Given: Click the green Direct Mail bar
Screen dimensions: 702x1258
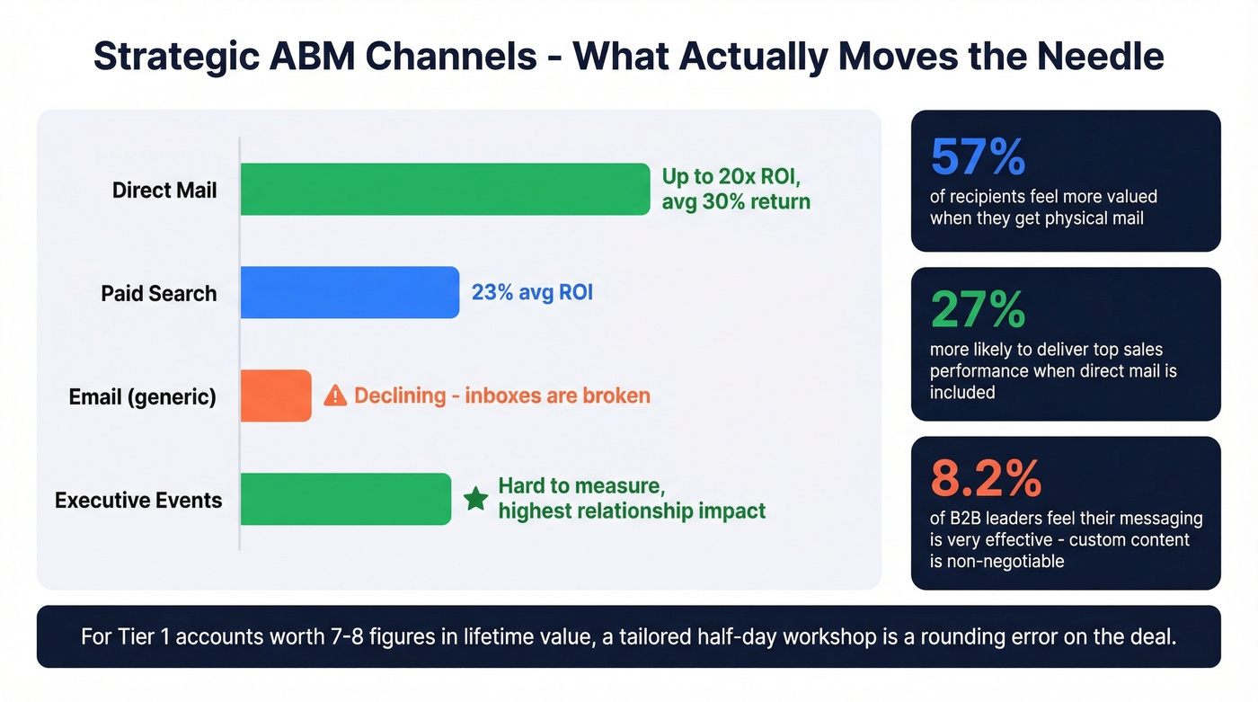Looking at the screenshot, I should (445, 190).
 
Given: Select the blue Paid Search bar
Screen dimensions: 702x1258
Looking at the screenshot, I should (350, 293).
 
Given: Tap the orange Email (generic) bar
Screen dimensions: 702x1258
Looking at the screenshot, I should (276, 395).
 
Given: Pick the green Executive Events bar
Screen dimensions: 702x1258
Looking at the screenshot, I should (346, 499).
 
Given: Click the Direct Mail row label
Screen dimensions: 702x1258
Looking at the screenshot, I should (164, 191).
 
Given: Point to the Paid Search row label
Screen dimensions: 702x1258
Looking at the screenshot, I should (159, 294).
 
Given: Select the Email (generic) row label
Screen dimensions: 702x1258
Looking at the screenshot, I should (143, 396).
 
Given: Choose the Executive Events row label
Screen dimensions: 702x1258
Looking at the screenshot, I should (138, 500).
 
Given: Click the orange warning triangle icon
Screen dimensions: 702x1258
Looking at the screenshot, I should (335, 395).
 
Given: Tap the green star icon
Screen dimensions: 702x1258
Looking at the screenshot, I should (475, 499).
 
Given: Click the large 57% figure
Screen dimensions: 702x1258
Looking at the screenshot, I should (978, 157).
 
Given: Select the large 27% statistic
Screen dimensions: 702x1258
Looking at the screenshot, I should (978, 310).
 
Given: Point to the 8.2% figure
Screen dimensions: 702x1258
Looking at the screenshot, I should (985, 478).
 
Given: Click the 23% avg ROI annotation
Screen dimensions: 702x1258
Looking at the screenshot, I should (532, 293).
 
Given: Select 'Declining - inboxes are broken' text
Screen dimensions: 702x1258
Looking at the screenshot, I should (501, 395).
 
